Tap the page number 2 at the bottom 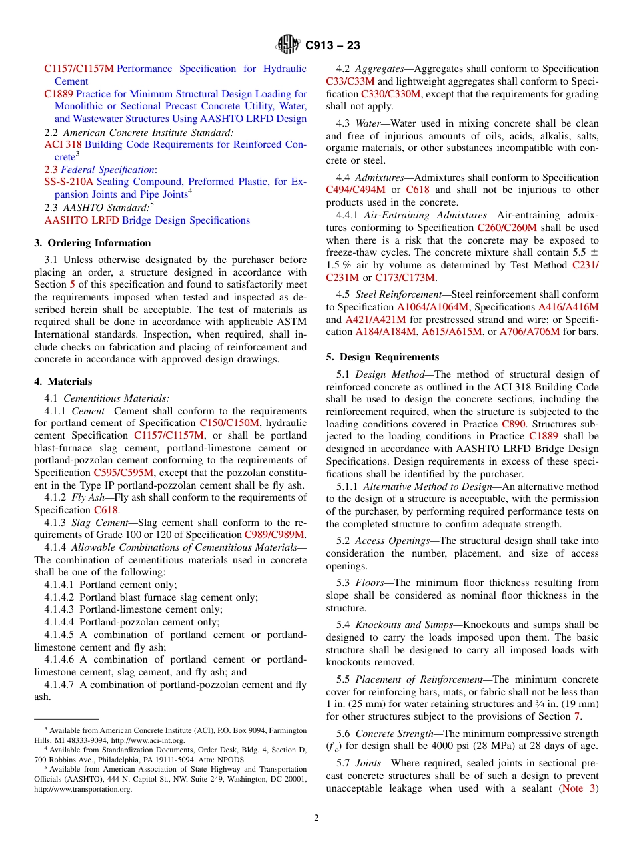pos(316,818)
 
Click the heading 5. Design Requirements pos(382,357)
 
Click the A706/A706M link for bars pos(530,332)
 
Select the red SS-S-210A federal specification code pos(69,182)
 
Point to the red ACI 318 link pos(63,144)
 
